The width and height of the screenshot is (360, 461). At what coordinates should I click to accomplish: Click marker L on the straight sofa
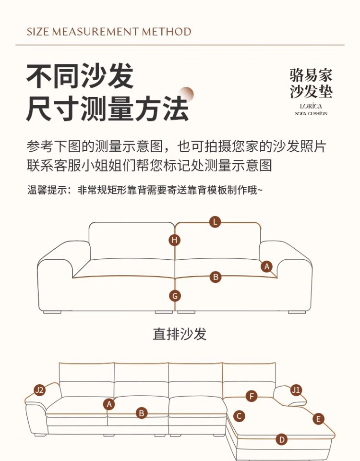[x=216, y=222]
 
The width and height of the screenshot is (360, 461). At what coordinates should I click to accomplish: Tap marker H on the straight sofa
[x=174, y=240]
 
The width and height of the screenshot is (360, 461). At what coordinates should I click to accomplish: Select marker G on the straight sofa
[x=175, y=296]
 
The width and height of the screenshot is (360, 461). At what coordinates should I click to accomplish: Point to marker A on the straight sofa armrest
[x=267, y=267]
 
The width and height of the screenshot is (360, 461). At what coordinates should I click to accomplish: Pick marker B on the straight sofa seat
[x=216, y=277]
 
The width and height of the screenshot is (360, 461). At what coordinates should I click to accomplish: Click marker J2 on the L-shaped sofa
[x=39, y=390]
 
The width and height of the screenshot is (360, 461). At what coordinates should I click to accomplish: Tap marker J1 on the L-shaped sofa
[x=296, y=389]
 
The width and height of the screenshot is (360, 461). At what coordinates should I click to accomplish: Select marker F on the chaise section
[x=252, y=396]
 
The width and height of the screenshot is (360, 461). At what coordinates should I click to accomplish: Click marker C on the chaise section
[x=239, y=416]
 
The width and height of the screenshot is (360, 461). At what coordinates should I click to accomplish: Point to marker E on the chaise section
[x=318, y=419]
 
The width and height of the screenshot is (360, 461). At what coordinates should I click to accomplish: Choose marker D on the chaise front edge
[x=282, y=439]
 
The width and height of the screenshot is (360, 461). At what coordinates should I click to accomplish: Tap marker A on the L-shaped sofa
[x=109, y=404]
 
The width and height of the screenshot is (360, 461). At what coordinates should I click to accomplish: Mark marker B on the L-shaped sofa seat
[x=142, y=412]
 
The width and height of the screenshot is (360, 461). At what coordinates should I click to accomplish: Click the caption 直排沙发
[x=180, y=334]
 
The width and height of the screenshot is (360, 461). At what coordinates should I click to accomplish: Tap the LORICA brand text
[x=311, y=106]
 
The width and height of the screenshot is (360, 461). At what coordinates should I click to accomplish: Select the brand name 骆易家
[x=311, y=75]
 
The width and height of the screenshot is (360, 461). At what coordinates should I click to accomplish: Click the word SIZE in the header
[x=38, y=32]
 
